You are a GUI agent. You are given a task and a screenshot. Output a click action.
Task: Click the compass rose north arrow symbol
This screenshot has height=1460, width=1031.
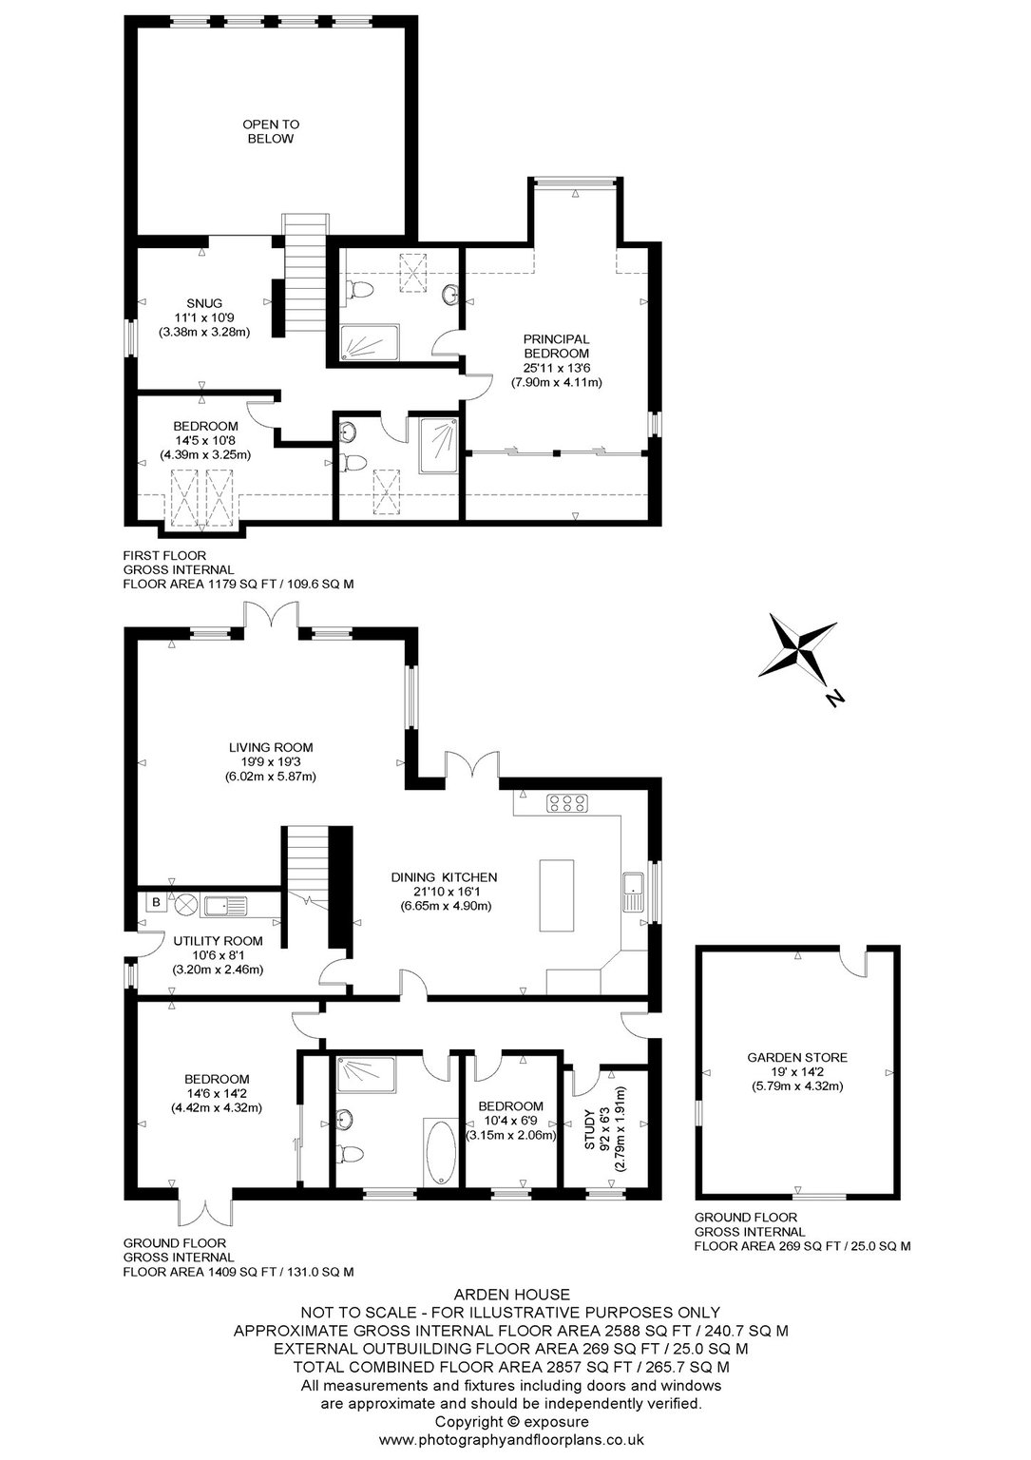802,654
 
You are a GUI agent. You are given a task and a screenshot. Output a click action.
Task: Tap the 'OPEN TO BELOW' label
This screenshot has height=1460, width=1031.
271,131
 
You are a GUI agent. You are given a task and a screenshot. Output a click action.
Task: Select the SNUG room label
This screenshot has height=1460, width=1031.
204,303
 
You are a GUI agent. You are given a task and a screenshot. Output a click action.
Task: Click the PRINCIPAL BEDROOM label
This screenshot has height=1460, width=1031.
556,346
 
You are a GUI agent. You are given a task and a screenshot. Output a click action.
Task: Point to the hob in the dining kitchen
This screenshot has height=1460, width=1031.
566,802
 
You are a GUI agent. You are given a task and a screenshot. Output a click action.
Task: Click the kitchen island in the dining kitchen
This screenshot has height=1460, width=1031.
557,894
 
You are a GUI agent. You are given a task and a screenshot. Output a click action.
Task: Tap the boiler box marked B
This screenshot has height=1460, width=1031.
156,902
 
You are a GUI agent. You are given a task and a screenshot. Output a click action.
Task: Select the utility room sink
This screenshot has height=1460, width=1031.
225,906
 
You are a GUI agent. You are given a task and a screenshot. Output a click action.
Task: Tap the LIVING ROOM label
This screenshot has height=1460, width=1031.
271,748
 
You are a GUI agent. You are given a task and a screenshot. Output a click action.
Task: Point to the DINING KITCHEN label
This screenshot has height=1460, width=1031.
444,877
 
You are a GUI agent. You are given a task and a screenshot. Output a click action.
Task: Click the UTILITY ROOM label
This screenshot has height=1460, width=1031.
218,941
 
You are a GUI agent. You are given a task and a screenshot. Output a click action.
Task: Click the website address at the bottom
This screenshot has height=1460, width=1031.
511,1439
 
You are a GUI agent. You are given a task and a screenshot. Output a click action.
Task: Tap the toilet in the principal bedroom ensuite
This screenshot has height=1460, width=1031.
357,289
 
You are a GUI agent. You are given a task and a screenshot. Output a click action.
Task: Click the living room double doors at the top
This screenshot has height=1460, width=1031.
271,616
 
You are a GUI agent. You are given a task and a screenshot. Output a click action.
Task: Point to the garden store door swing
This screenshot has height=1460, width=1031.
851,960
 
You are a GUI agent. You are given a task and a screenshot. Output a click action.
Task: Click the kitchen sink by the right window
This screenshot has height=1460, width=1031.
632,893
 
